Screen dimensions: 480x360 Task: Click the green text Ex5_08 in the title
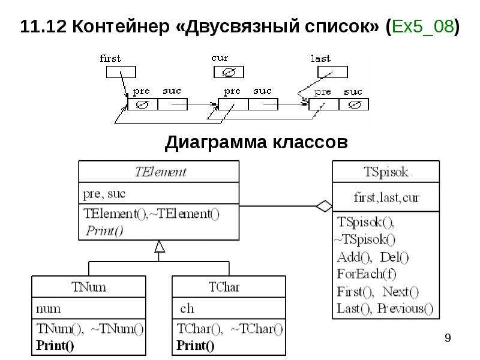[x=422, y=26]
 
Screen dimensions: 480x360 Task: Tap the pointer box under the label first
[x=121, y=72]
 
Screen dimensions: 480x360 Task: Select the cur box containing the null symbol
[x=229, y=72]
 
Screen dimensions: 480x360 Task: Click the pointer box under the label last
[x=332, y=72]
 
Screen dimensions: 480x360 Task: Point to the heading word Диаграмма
[x=216, y=142]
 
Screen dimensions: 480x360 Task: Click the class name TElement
[x=160, y=172]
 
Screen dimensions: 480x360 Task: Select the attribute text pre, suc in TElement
[x=104, y=194]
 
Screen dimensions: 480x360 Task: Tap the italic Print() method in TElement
[x=104, y=230]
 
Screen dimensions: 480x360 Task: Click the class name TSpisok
[x=386, y=172]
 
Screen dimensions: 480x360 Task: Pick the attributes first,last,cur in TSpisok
[x=386, y=197]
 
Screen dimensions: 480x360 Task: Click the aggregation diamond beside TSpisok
[x=324, y=206]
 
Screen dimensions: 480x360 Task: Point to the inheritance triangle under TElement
[x=160, y=247]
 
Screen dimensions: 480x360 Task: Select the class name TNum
[x=89, y=287]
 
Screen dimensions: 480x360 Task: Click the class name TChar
[x=224, y=287]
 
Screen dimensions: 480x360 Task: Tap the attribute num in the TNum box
[x=49, y=309]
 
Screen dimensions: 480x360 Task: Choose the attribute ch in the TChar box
[x=187, y=308]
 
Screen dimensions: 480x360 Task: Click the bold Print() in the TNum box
[x=55, y=346]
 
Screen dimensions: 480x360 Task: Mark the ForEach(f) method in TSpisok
[x=367, y=274]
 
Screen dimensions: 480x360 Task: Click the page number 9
[x=448, y=338]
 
